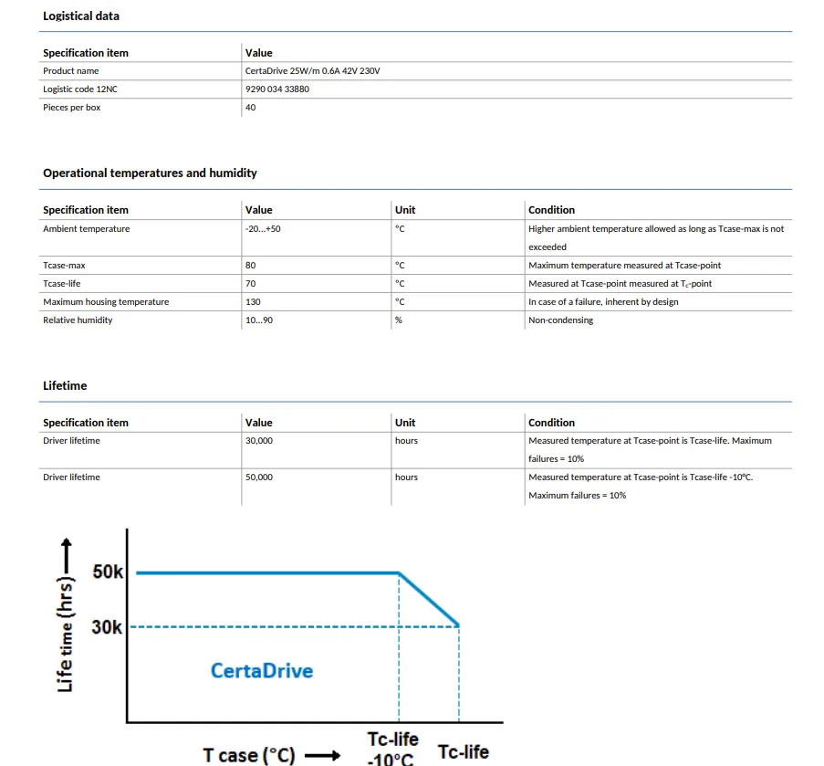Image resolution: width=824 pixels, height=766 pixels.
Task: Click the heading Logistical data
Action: click(81, 16)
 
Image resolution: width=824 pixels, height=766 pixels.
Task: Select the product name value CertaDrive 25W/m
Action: click(312, 71)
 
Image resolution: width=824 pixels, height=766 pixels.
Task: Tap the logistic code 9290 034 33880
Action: click(277, 89)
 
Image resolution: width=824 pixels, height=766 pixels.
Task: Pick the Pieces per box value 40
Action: click(251, 108)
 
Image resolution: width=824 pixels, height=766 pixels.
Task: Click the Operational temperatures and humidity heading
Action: click(150, 173)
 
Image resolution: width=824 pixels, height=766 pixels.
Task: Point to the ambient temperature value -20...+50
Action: click(263, 229)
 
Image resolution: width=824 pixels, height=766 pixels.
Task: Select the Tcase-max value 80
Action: click(251, 266)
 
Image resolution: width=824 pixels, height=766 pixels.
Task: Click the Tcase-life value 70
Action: click(251, 284)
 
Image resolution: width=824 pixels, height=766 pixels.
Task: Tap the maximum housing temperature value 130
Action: click(253, 302)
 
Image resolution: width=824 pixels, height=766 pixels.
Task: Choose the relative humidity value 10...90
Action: click(259, 320)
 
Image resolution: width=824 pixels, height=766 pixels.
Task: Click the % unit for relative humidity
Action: click(399, 320)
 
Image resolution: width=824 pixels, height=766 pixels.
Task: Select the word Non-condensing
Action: click(560, 320)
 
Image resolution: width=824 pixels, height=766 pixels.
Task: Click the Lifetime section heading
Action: click(65, 386)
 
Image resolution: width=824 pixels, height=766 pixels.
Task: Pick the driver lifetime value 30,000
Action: click(259, 441)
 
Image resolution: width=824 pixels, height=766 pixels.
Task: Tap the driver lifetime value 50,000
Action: click(259, 477)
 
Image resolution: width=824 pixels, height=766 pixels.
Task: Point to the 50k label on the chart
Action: click(108, 572)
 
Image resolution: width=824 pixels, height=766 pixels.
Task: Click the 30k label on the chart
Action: click(108, 627)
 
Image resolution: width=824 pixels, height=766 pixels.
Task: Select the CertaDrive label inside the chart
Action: click(262, 671)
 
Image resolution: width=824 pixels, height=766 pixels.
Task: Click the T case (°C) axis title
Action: click(249, 755)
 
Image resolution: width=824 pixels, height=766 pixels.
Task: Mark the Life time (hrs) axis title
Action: click(66, 630)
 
